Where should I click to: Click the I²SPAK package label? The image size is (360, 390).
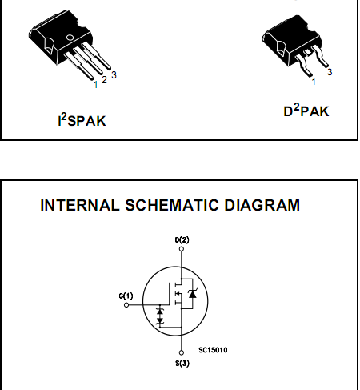coord(82,120)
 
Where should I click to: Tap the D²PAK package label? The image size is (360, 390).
coord(306,111)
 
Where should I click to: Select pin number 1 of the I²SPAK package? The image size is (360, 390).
coord(96,85)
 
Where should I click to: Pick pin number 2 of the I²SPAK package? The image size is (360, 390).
coord(104,79)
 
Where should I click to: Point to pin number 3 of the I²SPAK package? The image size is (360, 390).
coord(114,75)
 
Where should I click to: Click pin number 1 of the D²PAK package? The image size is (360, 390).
coord(314,82)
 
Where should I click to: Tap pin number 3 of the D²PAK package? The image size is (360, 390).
coord(330,72)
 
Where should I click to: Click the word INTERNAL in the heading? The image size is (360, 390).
coord(80,205)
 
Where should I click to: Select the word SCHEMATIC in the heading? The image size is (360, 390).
coord(172,205)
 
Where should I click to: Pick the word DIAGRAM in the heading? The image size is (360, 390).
coord(262,205)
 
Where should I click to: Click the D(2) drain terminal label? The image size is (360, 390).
coord(182,240)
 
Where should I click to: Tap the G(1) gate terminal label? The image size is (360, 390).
coord(126,296)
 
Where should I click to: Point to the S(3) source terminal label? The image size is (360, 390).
coord(182,363)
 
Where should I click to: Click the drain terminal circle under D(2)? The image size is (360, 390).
coord(182,249)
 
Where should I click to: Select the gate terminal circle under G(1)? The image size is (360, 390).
coord(126,305)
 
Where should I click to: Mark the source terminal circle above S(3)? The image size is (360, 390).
coord(182,352)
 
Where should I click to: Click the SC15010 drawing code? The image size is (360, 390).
coord(213,350)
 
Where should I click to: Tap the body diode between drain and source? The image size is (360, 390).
coord(192,294)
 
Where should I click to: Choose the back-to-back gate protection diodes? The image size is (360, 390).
coord(160,316)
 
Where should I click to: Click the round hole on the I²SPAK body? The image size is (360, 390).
coord(70,38)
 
